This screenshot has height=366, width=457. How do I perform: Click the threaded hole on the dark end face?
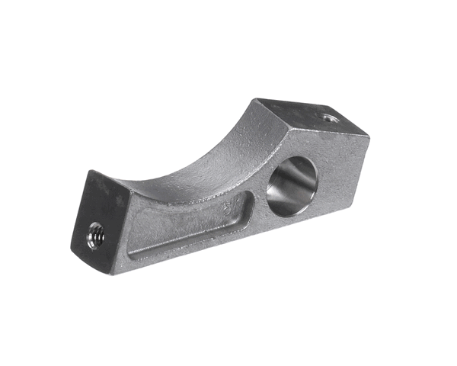[96, 236]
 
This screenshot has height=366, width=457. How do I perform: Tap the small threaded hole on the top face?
[328, 117]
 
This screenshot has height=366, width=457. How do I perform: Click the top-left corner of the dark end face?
[88, 171]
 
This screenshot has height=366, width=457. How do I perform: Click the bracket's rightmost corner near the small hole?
[369, 135]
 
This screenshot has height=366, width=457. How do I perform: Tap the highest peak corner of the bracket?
[257, 98]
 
